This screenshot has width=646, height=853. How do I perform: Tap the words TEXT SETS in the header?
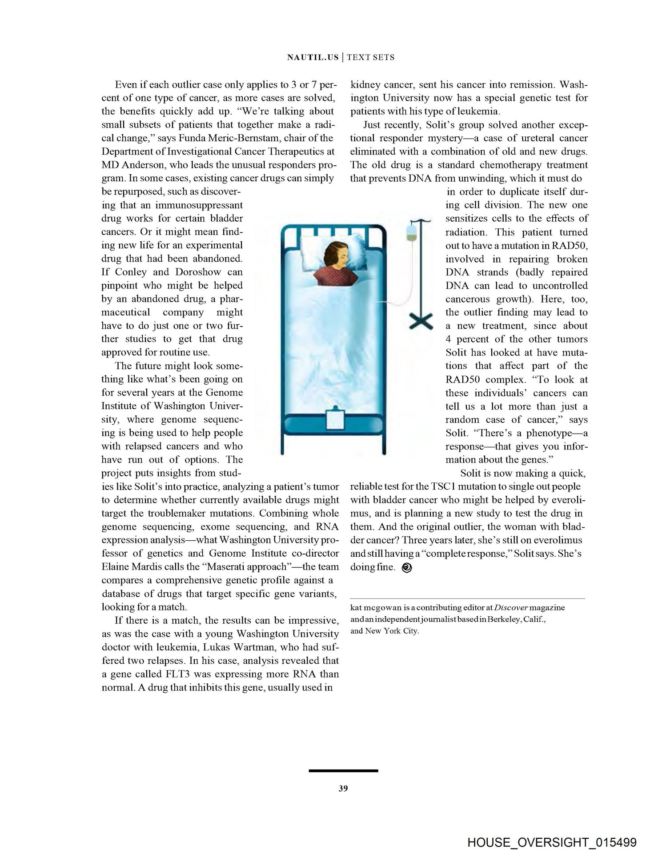click(x=371, y=57)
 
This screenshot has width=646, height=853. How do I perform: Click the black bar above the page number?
click(x=343, y=770)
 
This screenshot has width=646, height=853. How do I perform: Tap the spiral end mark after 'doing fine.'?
click(x=406, y=568)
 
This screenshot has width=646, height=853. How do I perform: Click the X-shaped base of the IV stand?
click(x=420, y=321)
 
